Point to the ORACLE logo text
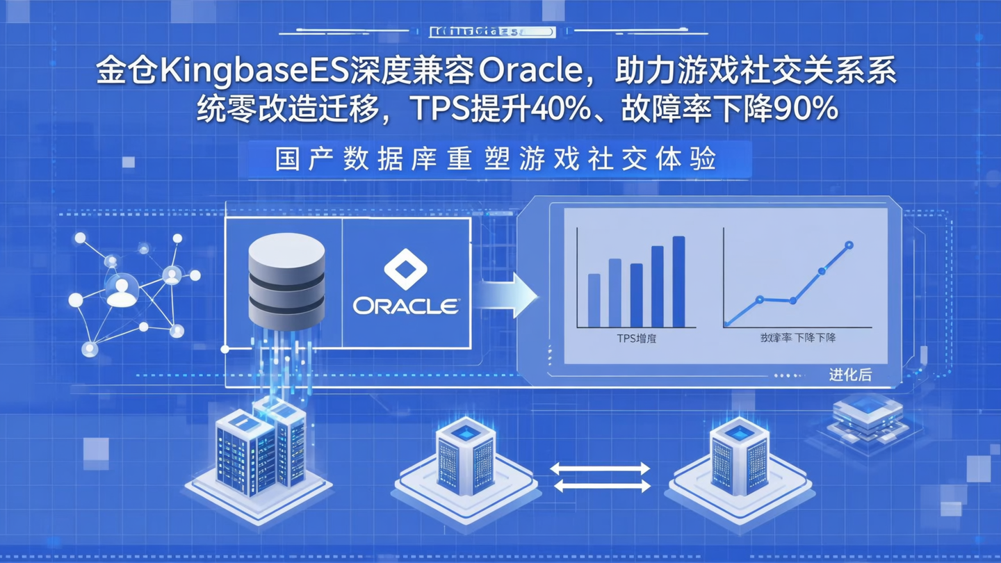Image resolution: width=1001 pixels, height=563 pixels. [406, 307]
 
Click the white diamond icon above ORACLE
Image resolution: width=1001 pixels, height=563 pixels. [405, 270]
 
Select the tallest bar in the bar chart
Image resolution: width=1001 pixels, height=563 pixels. [679, 281]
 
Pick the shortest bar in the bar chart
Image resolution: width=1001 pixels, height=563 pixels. [594, 300]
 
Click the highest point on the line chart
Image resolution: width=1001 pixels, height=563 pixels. [849, 245]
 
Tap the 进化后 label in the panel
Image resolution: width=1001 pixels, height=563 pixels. [849, 375]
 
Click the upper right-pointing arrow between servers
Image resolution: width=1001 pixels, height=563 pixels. [601, 469]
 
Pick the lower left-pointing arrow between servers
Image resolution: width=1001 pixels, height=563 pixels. [601, 487]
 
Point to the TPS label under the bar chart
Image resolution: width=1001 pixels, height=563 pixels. [636, 338]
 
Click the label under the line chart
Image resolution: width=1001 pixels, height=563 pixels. [797, 338]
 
